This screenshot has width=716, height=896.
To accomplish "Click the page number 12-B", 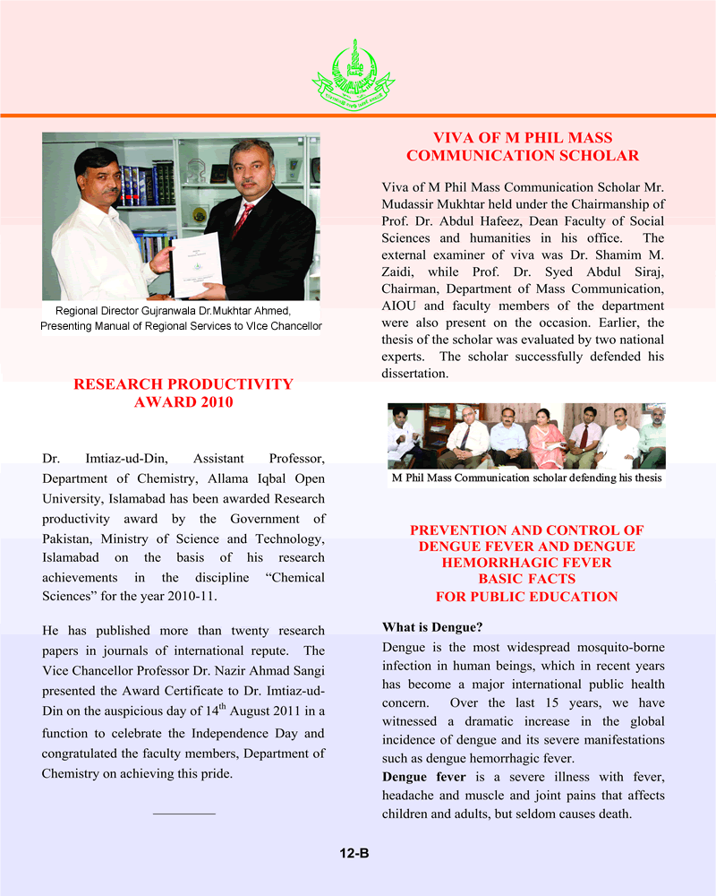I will (354, 854).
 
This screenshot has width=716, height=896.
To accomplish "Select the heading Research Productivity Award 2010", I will (183, 393).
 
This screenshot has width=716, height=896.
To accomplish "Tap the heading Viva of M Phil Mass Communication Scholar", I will (523, 147).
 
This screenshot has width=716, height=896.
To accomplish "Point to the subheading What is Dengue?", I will (425, 627).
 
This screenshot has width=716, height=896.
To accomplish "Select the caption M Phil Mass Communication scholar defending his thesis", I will (526, 478).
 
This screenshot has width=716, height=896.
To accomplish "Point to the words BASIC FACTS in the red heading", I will (526, 580).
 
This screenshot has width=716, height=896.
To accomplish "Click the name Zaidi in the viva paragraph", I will (401, 271).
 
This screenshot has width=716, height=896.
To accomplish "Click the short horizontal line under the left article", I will (184, 814).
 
